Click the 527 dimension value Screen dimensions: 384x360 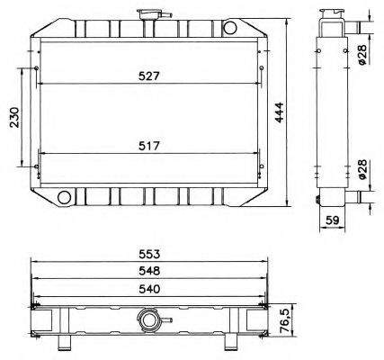click(149, 76)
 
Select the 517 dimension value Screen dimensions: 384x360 click(149, 146)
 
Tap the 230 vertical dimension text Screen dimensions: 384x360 click(14, 117)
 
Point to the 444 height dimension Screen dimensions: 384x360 click(279, 112)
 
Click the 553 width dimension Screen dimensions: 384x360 click(149, 255)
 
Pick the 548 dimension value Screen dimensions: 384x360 click(149, 271)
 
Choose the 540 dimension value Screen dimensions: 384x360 click(149, 289)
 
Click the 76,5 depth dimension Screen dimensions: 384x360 click(287, 320)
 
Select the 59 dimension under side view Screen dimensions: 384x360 click(332, 220)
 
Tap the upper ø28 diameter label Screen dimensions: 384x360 click(362, 54)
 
